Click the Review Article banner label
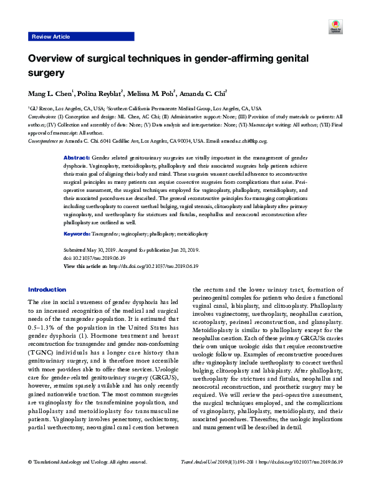click(x=51, y=37)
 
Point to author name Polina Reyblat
click(x=97, y=95)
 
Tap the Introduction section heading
click(x=47, y=290)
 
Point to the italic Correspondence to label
click(x=47, y=141)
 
